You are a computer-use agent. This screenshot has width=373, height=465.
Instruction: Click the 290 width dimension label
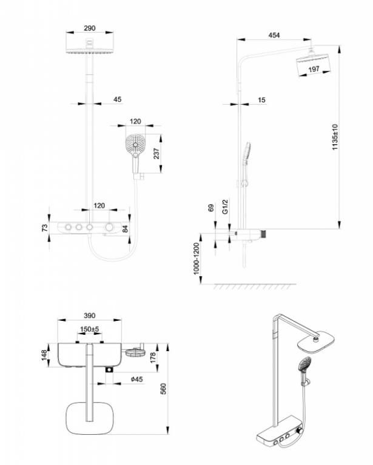[90, 28]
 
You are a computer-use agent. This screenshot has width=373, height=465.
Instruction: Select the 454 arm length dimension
[274, 36]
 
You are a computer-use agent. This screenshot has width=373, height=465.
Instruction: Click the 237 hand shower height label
[158, 154]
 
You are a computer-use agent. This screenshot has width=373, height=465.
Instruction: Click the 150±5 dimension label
[90, 329]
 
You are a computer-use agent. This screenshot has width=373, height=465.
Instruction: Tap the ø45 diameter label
[137, 380]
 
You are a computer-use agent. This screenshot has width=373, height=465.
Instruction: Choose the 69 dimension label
[211, 208]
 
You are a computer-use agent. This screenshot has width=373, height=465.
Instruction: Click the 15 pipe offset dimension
[261, 99]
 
